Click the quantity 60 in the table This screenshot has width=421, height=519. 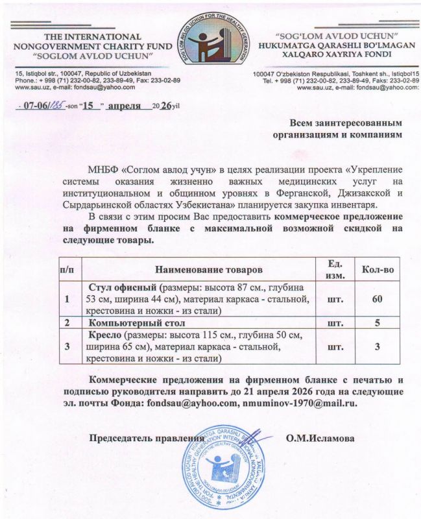point(378,300)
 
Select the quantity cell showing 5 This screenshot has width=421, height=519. point(378,322)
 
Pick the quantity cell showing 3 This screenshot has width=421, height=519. point(378,347)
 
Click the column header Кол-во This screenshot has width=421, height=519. point(378,268)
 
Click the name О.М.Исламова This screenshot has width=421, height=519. point(320,439)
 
